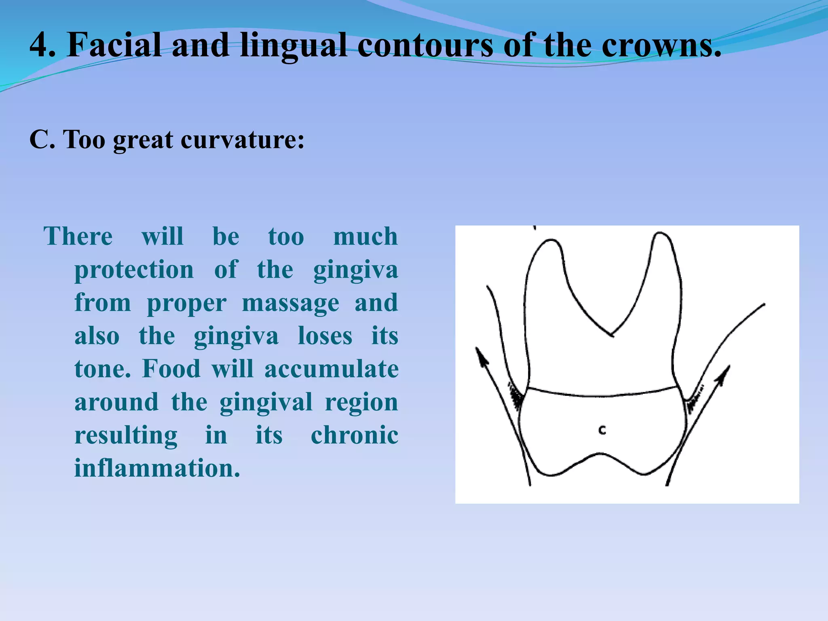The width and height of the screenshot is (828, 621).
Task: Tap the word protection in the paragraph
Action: pyautogui.click(x=134, y=270)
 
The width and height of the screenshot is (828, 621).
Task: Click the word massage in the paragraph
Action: pyautogui.click(x=290, y=303)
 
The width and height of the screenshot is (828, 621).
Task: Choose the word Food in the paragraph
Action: pyautogui.click(x=171, y=369)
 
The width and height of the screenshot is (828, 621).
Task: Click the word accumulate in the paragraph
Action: pyautogui.click(x=331, y=369)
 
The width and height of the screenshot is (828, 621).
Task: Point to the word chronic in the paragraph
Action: pyautogui.click(x=354, y=435)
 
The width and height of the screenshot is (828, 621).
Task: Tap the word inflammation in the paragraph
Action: pyautogui.click(x=157, y=468)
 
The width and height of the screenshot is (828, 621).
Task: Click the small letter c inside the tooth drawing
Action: pyautogui.click(x=602, y=430)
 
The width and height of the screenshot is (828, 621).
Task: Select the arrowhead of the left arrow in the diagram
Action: pyautogui.click(x=480, y=356)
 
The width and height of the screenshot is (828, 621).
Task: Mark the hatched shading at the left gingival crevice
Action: pyautogui.click(x=515, y=396)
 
